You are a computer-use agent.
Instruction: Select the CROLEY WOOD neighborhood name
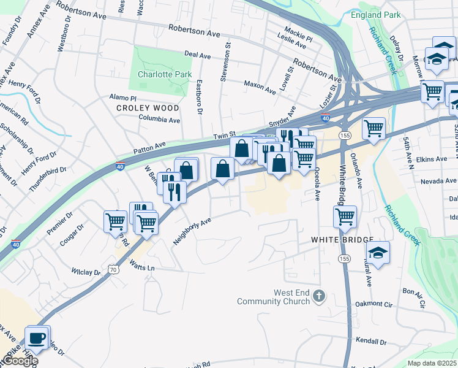point(148,108)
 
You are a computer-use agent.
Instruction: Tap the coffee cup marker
point(37,338)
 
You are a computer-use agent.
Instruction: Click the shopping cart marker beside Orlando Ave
point(374,129)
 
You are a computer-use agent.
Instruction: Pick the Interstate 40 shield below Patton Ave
point(121,166)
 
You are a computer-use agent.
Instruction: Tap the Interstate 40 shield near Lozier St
point(325,118)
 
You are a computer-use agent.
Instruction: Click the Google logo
point(20,361)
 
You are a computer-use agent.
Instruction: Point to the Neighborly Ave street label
point(192,231)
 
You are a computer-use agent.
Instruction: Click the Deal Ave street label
point(197,55)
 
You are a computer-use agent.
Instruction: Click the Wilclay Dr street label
point(86,271)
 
